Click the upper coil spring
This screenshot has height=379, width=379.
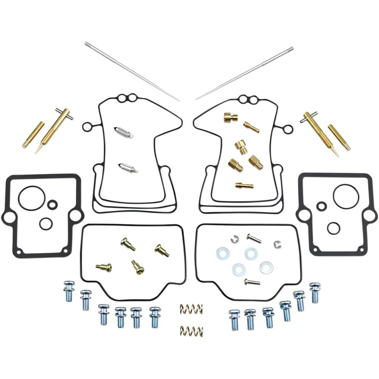pos(191,309)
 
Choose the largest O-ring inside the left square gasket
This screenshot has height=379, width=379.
pos(31,197)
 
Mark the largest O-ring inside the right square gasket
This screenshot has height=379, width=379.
pos(346,196)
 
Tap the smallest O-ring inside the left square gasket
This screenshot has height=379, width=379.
pos(52,205)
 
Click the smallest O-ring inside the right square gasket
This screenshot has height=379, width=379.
pos(322,206)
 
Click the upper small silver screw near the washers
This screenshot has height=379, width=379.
pos(254,238)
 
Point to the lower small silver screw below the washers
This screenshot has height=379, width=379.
pos(252,282)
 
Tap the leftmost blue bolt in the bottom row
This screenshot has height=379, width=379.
pos(69,291)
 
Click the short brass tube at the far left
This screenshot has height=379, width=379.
pos(33,135)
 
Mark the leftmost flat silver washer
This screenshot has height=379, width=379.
pos(223,254)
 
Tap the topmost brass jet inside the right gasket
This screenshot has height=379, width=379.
pos(230,117)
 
